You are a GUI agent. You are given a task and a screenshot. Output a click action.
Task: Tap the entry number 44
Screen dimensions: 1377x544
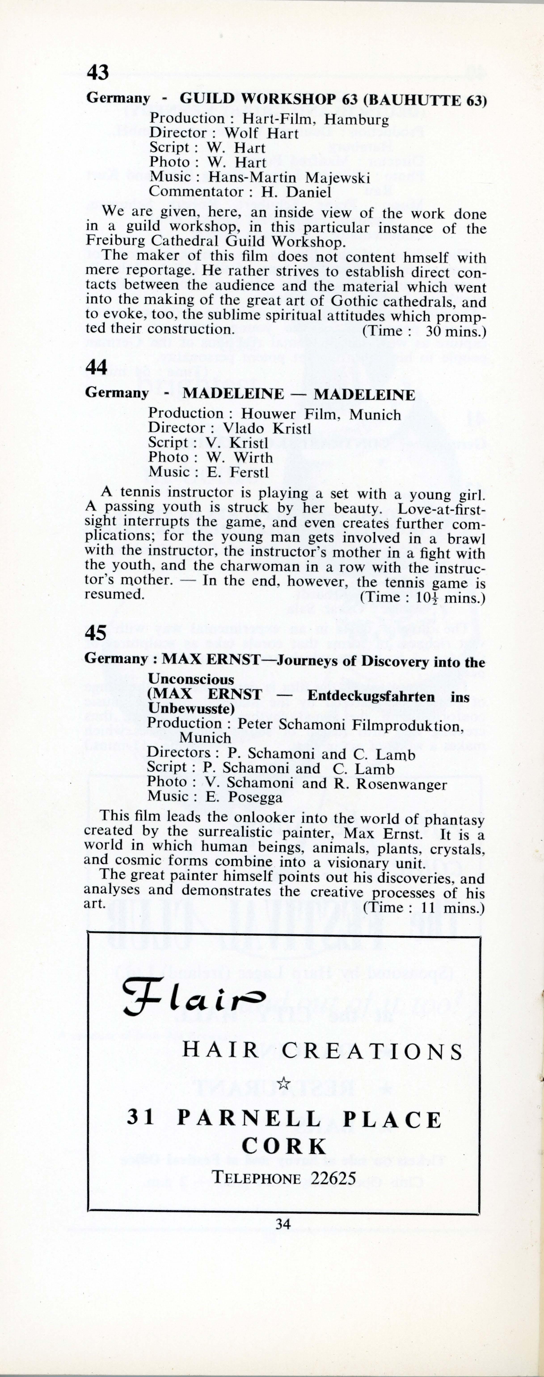(96, 367)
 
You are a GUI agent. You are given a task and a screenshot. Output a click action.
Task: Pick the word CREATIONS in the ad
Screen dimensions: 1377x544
(372, 1051)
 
